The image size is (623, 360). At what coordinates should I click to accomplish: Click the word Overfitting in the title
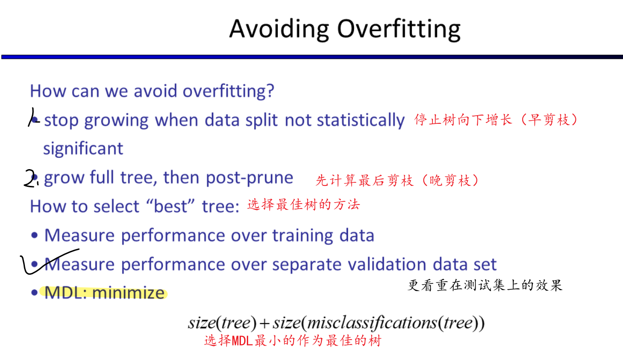[399, 29]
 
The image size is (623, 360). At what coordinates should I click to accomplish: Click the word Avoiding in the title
[279, 29]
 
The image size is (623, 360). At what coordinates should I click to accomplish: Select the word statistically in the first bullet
[361, 120]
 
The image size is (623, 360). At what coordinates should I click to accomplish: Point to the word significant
[83, 149]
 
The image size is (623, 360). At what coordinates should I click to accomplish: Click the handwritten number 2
[30, 179]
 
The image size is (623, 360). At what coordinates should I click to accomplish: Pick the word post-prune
[250, 178]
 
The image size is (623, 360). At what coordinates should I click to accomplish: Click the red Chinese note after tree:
[304, 204]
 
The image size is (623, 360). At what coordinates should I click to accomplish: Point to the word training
[303, 236]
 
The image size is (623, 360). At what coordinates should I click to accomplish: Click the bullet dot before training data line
[34, 235]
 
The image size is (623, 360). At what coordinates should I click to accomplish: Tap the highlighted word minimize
[128, 293]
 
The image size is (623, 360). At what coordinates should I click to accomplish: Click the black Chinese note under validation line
[485, 286]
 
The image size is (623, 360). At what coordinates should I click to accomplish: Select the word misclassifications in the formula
[372, 323]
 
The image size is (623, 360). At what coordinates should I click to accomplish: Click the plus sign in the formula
[264, 324]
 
